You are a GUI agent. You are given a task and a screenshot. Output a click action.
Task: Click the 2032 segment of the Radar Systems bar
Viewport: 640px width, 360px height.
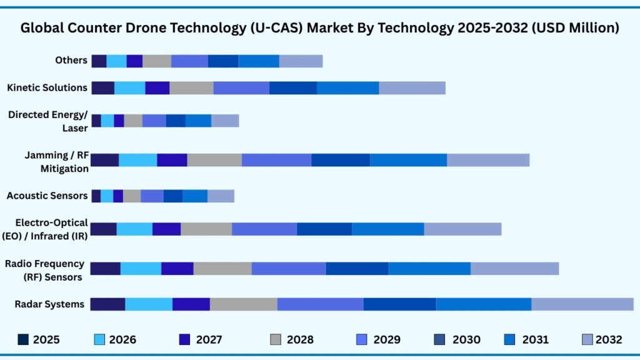(582, 304)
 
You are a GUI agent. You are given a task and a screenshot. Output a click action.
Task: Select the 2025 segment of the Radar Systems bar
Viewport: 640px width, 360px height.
(107, 304)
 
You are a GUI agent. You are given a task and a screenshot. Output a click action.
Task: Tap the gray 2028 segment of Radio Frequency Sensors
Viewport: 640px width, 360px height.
(222, 268)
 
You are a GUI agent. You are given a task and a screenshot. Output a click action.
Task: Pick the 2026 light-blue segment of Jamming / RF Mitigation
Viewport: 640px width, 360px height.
(137, 160)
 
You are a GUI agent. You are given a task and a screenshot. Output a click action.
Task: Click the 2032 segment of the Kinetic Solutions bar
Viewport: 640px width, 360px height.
(412, 87)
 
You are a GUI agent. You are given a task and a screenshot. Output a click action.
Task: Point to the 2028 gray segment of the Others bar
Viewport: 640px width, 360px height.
(156, 61)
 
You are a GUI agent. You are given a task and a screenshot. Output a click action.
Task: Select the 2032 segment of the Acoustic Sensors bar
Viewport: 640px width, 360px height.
(221, 196)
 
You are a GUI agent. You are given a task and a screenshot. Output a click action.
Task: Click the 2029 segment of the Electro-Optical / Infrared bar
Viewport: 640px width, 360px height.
(264, 229)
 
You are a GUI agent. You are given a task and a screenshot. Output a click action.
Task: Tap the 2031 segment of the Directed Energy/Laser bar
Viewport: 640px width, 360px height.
(198, 121)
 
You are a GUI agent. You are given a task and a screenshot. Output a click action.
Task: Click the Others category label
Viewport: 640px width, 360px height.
(71, 61)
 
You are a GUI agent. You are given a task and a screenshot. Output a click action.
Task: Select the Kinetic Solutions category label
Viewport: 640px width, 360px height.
(47, 87)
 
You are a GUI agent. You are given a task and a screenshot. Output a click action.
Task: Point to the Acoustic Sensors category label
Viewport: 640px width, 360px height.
(47, 196)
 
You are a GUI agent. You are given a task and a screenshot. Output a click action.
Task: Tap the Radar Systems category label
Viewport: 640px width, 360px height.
(50, 304)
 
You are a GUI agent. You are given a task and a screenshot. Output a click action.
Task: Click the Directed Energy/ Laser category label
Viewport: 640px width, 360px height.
(48, 121)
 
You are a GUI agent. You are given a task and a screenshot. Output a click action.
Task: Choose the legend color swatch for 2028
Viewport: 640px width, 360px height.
(276, 339)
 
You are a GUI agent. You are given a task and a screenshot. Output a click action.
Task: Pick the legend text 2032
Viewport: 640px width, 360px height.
(608, 340)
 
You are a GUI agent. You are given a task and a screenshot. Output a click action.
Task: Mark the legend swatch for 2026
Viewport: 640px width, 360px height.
(99, 339)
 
